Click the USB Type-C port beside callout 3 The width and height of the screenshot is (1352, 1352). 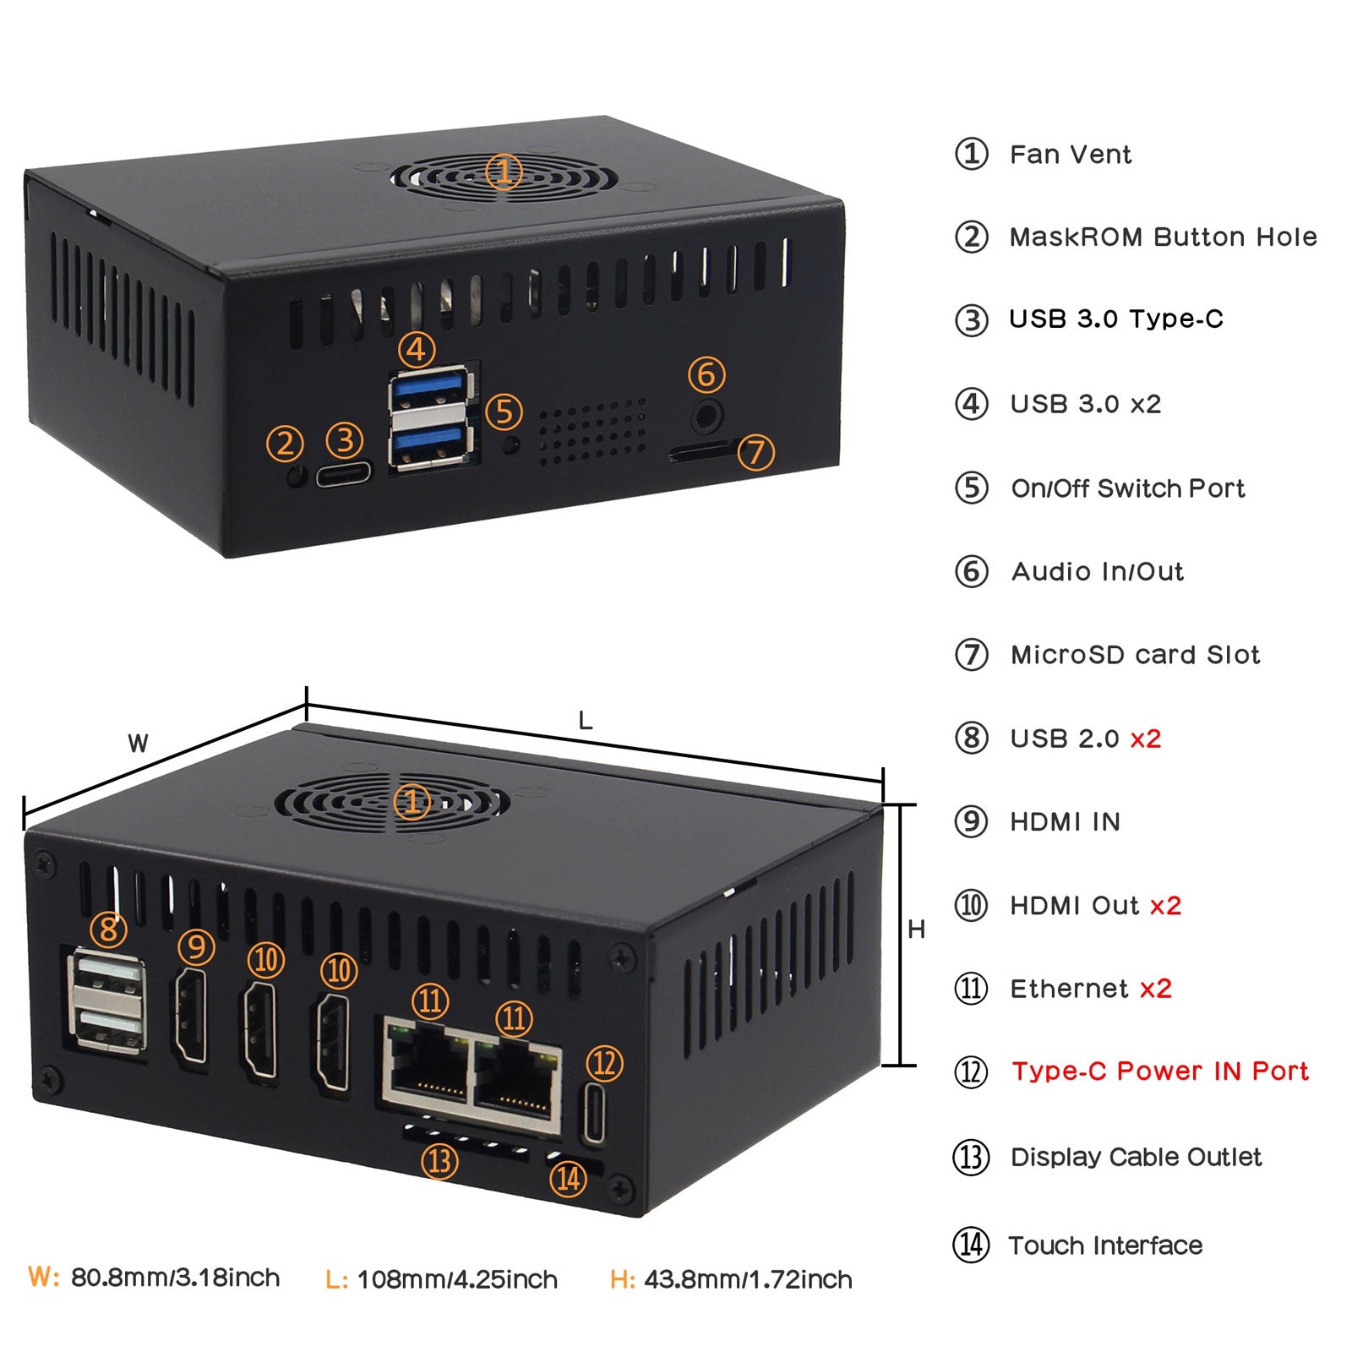[x=344, y=473]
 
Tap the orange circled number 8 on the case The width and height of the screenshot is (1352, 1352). [x=109, y=929]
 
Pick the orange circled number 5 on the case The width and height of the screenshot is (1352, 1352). [x=504, y=412]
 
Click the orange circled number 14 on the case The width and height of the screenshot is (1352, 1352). [x=569, y=1178]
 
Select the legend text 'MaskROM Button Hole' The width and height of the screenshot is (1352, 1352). [x=1163, y=237]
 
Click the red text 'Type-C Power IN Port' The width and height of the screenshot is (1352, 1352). [x=1160, y=1071]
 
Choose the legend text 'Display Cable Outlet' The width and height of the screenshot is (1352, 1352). [x=1136, y=1157]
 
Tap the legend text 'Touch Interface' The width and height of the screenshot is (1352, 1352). [x=1105, y=1246]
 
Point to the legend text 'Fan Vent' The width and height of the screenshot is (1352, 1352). [x=1070, y=155]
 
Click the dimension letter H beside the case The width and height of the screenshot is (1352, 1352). [x=916, y=929]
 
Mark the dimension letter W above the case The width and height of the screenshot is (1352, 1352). [x=138, y=744]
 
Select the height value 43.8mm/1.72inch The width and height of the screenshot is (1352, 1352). [x=748, y=1279]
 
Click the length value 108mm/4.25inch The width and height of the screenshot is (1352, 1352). [x=457, y=1279]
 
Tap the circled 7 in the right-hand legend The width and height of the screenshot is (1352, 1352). [x=971, y=655]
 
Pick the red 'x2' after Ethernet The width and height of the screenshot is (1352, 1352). [x=1155, y=989]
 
